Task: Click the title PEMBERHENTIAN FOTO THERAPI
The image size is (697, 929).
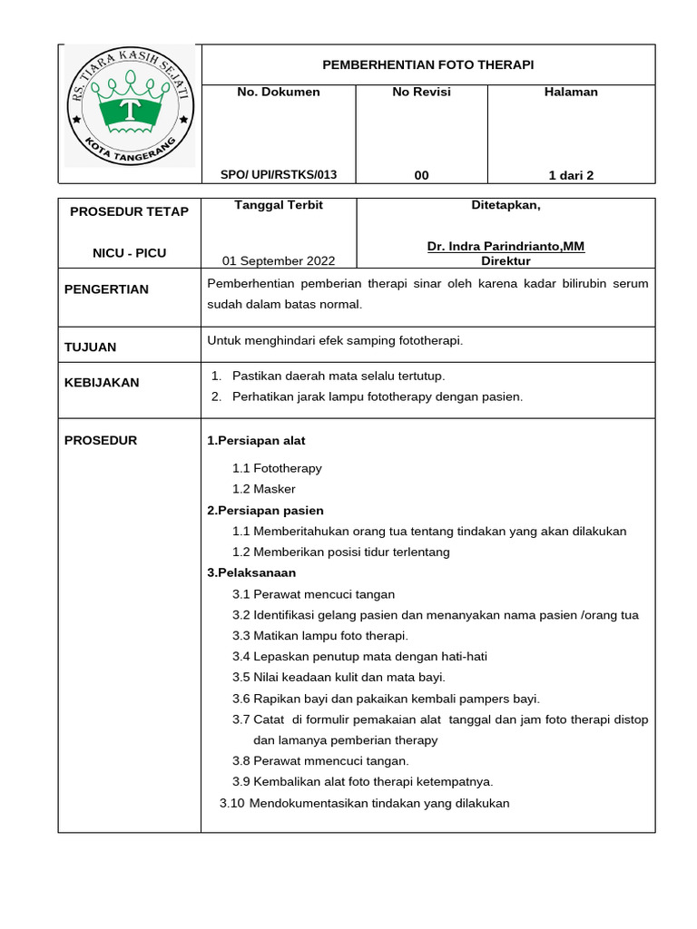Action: point(428,65)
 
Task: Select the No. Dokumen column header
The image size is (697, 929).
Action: point(278,92)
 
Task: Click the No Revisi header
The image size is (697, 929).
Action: point(421,92)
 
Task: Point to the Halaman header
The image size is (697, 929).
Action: point(571,92)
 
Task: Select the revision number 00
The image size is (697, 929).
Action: point(421,175)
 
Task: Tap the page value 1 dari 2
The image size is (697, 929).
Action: point(571,175)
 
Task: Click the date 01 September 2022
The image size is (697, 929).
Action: point(279,261)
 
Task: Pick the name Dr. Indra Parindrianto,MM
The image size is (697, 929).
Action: point(506,247)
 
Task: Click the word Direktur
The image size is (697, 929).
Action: point(506,261)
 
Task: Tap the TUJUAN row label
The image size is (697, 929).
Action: point(91,347)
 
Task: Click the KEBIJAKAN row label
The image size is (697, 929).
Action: point(102,383)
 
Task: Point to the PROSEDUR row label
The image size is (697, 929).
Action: point(101,441)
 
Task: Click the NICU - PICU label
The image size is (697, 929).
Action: point(130,253)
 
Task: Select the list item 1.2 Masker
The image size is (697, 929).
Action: point(264,489)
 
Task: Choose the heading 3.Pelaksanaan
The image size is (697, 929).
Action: point(251,572)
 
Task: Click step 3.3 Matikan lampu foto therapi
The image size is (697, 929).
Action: point(320,635)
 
